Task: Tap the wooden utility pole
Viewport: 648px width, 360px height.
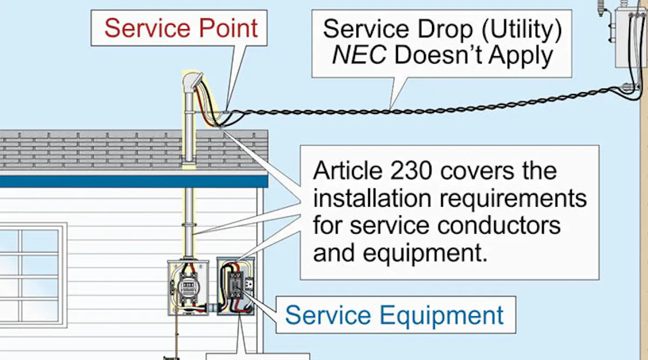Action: pos(643,216)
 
